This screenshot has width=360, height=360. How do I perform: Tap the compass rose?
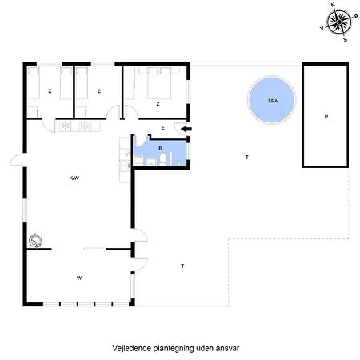point(340,20)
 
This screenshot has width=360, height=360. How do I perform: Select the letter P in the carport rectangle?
point(326,117)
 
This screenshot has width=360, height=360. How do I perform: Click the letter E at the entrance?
point(162,128)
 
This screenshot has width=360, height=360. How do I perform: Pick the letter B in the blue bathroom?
point(160,147)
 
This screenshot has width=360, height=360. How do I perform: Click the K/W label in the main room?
point(75,178)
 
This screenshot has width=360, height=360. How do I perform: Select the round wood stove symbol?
point(35,239)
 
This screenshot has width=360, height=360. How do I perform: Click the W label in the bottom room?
point(79,278)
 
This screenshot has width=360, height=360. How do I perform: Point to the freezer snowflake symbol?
point(65,126)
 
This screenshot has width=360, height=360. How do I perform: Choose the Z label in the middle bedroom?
point(98,91)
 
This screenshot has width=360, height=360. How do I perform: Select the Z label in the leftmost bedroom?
point(50,91)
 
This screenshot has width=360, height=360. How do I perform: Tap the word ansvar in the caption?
point(228,349)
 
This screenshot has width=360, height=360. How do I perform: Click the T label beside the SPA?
point(246,157)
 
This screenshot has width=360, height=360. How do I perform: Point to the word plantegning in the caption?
point(174,349)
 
